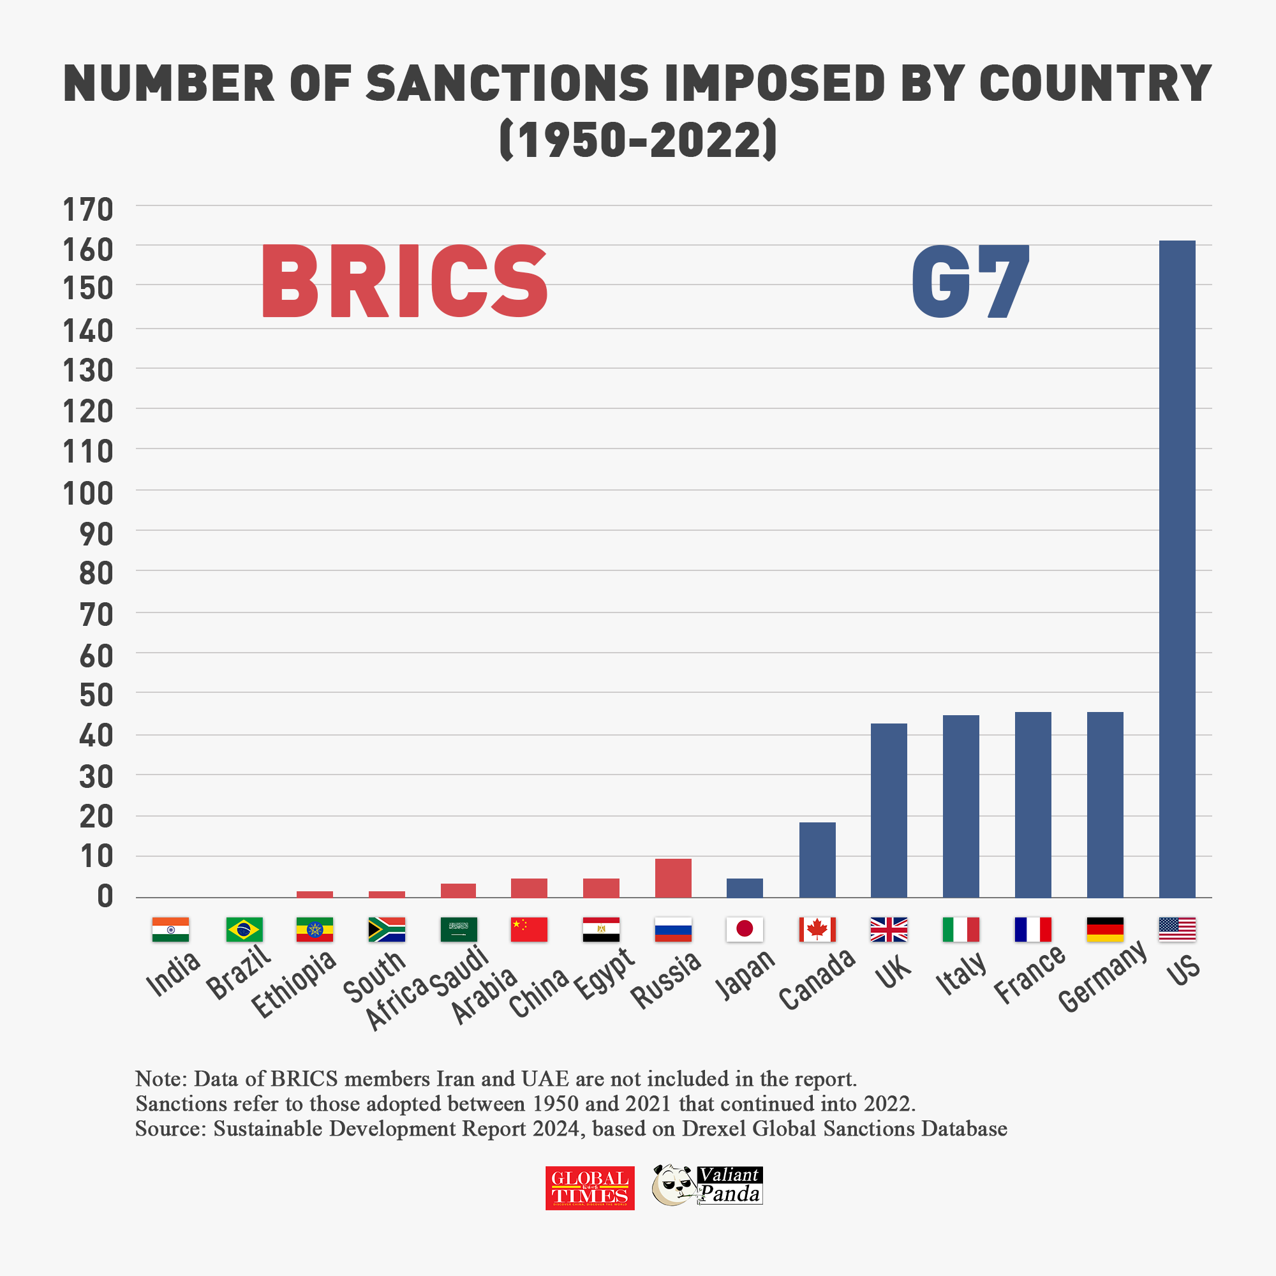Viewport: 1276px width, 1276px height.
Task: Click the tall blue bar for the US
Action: pyautogui.click(x=1177, y=568)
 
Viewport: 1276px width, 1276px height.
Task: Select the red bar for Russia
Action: pyautogui.click(x=673, y=878)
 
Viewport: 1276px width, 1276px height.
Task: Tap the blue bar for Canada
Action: pyautogui.click(x=817, y=859)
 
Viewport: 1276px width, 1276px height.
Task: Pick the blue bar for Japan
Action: pyautogui.click(x=745, y=887)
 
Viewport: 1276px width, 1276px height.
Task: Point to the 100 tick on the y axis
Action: pyautogui.click(x=88, y=493)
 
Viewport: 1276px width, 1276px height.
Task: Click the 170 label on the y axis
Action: pyautogui.click(x=88, y=210)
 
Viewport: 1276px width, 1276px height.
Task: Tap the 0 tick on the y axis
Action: pyautogui.click(x=105, y=896)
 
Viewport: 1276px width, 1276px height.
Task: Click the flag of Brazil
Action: pyautogui.click(x=244, y=930)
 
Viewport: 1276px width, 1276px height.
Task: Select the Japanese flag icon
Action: pyautogui.click(x=745, y=930)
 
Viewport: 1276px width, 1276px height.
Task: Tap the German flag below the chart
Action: pyautogui.click(x=1104, y=930)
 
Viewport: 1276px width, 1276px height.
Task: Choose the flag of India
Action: pyautogui.click(x=170, y=930)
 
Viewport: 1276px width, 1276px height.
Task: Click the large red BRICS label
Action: pyautogui.click(x=404, y=281)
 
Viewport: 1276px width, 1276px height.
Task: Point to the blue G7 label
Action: pyautogui.click(x=970, y=281)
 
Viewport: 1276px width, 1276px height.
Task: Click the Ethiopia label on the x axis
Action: pyautogui.click(x=295, y=984)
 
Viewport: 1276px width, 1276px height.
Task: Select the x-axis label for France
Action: pyautogui.click(x=1030, y=974)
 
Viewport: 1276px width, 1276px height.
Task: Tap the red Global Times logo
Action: pyautogui.click(x=590, y=1188)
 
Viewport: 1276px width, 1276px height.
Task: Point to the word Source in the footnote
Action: pyautogui.click(x=170, y=1129)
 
